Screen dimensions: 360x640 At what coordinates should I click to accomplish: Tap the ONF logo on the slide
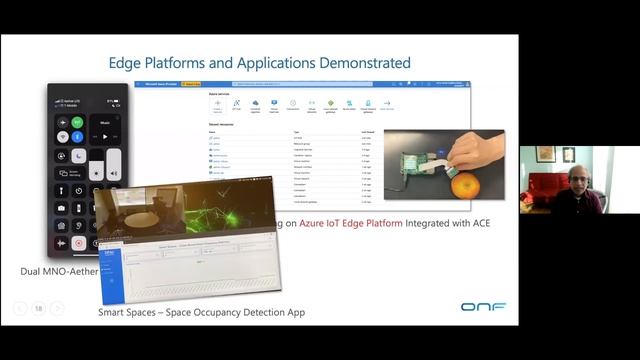(482, 307)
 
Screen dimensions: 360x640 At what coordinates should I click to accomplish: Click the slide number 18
(38, 308)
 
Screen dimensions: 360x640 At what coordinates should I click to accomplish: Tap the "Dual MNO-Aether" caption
(60, 272)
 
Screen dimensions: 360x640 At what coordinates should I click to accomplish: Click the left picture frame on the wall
(545, 154)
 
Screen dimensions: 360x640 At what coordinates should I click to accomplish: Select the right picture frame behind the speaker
(568, 154)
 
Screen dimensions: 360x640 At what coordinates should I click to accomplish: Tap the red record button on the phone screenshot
(79, 243)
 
